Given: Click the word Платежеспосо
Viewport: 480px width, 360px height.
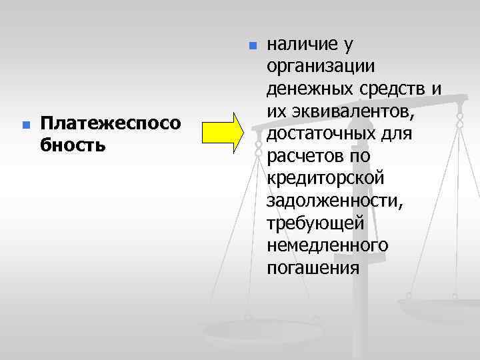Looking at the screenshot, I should tap(110, 123).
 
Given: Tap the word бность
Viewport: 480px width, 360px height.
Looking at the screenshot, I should tap(73, 145).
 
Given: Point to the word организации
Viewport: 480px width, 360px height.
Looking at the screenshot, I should tap(321, 67).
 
